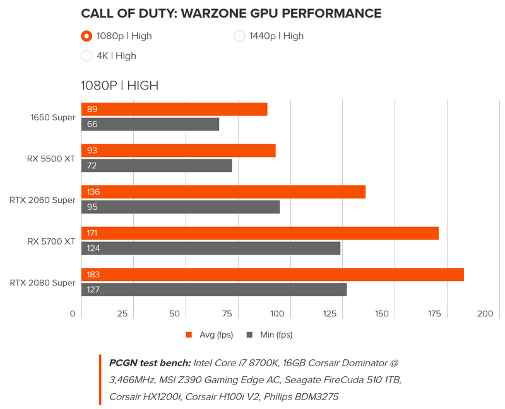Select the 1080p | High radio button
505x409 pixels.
coord(88,36)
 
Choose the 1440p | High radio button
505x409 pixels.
coord(239,36)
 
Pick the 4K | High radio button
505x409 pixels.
coord(88,55)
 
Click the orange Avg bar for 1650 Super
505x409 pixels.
coord(174,109)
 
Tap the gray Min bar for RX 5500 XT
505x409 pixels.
coord(157,166)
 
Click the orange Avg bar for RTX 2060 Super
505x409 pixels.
coord(223,192)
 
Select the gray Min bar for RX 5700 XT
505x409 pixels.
coord(211,248)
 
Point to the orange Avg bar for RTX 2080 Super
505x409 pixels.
coord(273,275)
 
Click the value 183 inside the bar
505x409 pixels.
coord(93,275)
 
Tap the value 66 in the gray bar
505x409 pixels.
coord(92,124)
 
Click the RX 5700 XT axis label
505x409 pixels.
coord(51,241)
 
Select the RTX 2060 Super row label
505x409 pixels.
coord(43,200)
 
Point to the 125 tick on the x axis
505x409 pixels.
coord(329,313)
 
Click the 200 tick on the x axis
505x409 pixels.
coord(485,313)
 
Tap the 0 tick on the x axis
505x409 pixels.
coord(73,313)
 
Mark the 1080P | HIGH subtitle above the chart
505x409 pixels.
coord(119,85)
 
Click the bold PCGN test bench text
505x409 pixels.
coord(150,363)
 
